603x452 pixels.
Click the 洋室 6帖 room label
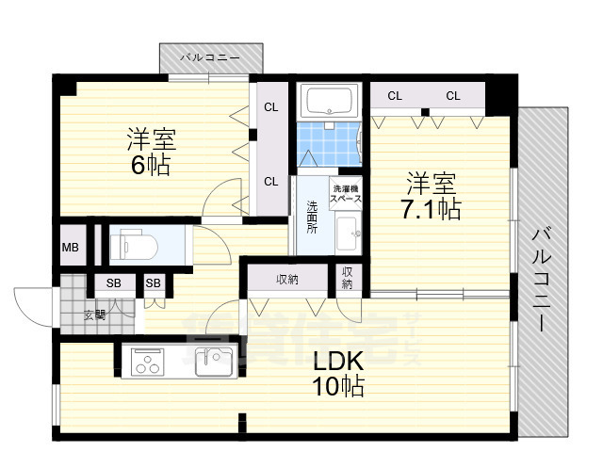[x=151, y=152]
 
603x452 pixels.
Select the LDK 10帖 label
[x=338, y=371]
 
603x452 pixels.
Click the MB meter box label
[x=71, y=248]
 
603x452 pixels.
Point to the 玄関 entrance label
[x=95, y=315]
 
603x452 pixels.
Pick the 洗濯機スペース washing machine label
[x=345, y=196]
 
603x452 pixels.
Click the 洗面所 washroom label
[x=311, y=217]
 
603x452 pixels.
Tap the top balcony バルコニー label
[x=208, y=57]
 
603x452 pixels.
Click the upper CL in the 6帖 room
[x=270, y=107]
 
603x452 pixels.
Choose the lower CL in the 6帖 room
[x=270, y=182]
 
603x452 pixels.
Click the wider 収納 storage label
[x=287, y=279]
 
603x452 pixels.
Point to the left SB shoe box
[x=113, y=282]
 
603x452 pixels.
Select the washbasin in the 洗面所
[x=346, y=229]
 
